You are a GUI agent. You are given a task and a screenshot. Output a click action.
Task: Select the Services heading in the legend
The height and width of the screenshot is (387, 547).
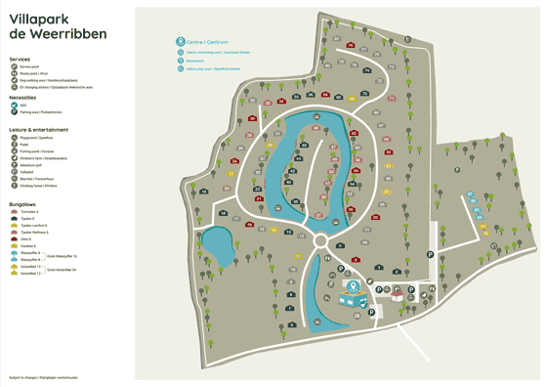20,59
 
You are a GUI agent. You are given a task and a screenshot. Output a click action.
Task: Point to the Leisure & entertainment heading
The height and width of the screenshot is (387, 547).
39,129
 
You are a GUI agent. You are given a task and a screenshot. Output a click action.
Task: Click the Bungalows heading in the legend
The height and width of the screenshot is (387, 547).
22,204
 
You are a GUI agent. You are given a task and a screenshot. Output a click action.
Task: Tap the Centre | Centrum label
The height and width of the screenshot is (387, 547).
206,42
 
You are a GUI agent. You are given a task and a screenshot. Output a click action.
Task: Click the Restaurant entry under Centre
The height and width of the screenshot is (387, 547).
199,61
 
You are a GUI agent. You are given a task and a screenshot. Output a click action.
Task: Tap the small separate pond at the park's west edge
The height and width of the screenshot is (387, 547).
217,246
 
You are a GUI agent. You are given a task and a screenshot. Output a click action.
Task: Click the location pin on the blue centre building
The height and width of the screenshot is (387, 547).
355,286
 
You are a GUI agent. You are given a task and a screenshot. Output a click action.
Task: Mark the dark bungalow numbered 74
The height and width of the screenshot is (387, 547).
366,70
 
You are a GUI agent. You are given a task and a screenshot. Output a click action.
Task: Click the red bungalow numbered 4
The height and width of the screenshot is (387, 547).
356,260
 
